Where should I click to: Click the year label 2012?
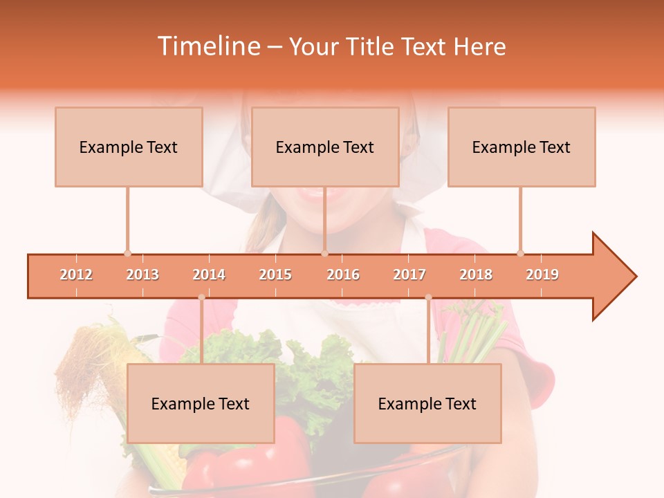pos(76,275)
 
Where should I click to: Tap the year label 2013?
pos(142,275)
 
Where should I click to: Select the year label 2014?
pos(209,275)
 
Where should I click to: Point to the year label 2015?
pos(275,275)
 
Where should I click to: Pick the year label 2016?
pos(343,275)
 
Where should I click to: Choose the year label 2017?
pos(409,275)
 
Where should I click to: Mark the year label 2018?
pos(476,275)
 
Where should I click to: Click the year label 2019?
pos(542,275)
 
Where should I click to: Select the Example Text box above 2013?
pos(129,147)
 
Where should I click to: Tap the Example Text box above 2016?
pos(325,147)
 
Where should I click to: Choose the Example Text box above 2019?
pos(522,147)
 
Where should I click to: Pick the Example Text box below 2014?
pos(201,403)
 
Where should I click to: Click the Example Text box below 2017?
pos(427,403)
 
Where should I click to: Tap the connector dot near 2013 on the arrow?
pos(127,253)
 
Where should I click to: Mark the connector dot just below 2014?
pos(201,297)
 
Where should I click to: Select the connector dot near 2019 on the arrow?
pos(520,253)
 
